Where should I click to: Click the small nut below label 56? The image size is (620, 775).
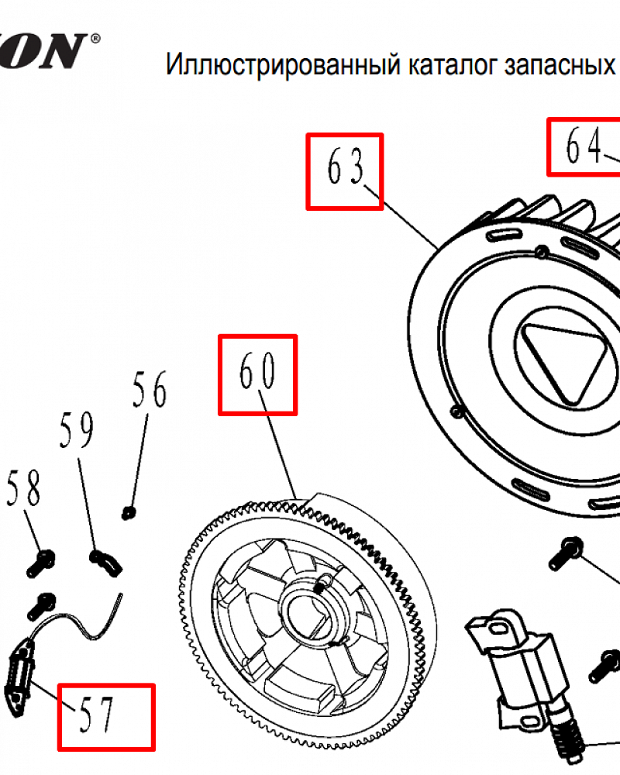[130, 511]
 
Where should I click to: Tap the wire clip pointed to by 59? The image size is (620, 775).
[105, 562]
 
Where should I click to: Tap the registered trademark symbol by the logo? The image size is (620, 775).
[95, 37]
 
